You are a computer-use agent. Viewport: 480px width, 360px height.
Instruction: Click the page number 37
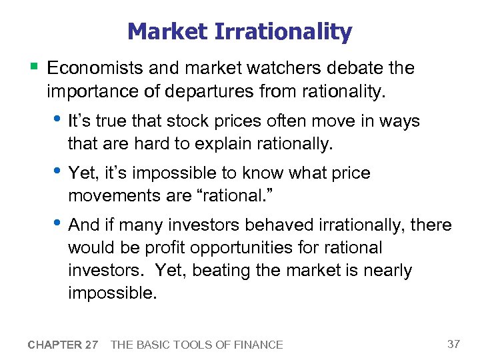click(x=453, y=344)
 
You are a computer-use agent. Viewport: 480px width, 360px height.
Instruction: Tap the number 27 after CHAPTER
click(x=91, y=345)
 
